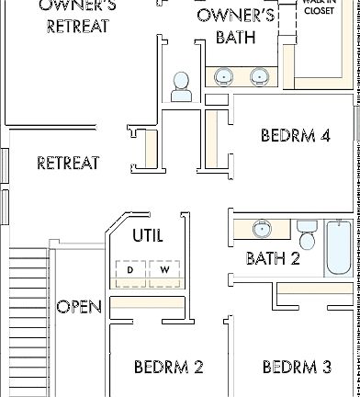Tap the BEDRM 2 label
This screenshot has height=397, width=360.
coord(168,368)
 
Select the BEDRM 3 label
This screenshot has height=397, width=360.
coord(296,368)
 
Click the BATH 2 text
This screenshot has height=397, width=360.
coord(273,259)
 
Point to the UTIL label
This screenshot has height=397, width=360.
coord(147,236)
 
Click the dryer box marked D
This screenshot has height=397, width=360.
coord(130,271)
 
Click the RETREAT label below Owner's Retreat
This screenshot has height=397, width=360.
coord(68,164)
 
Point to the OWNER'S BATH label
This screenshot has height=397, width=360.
coord(235,26)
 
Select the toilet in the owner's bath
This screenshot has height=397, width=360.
coord(181,88)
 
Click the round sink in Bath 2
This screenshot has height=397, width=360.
coord(262,228)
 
